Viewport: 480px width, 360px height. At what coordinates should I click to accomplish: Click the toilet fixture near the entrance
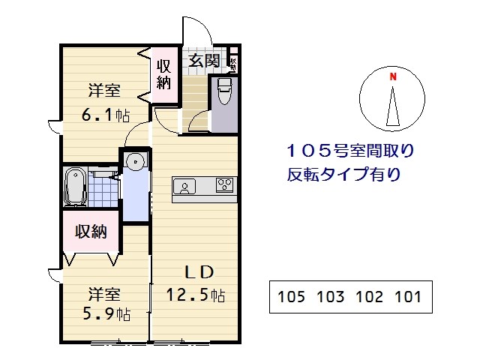click(223, 94)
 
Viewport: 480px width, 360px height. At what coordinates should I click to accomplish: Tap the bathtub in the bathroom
click(74, 186)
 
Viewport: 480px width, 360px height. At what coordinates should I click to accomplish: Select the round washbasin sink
click(135, 161)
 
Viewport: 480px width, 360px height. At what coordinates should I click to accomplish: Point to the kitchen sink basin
click(185, 185)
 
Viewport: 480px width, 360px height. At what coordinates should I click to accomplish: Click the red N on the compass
click(391, 76)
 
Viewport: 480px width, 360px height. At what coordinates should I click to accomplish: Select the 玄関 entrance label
click(203, 59)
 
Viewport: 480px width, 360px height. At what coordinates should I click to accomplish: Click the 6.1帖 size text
click(105, 116)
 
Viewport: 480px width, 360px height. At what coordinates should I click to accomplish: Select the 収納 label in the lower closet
click(91, 231)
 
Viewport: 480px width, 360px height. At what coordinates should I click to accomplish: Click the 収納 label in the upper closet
click(164, 73)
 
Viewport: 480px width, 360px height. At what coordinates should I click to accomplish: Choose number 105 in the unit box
click(292, 297)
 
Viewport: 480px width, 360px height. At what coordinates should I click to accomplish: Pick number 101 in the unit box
click(407, 297)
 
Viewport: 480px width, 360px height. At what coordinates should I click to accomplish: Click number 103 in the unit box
click(331, 297)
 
